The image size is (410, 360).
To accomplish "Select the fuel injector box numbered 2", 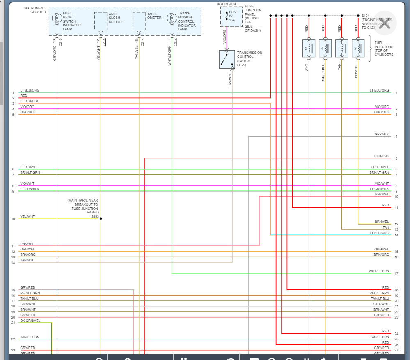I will click(x=309, y=48).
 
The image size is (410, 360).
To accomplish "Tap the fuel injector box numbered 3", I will click(x=358, y=48).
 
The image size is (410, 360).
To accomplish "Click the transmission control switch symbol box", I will click(x=227, y=60).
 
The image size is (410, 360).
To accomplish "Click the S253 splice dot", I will click(x=101, y=218).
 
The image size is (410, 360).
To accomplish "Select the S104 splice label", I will click(x=365, y=16).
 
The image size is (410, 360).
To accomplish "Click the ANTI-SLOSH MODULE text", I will click(x=115, y=18).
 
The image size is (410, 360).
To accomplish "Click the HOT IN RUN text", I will click(x=226, y=4).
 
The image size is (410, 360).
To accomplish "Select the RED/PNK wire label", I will click(x=381, y=156).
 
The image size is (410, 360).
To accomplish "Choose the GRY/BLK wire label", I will click(x=382, y=134).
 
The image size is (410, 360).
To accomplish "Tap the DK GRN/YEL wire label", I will click(x=30, y=321).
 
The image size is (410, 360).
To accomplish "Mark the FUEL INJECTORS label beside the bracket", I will click(x=384, y=48).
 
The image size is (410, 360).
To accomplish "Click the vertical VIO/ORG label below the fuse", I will click(x=224, y=36).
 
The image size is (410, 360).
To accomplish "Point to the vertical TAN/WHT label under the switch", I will click(x=230, y=79).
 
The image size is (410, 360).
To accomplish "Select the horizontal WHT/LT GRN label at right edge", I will click(x=378, y=271).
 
